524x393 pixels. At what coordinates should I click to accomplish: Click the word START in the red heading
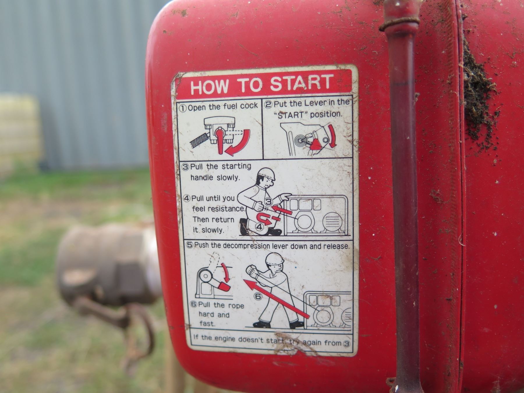coord(301,83)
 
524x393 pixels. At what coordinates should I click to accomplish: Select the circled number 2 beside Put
coord(268,104)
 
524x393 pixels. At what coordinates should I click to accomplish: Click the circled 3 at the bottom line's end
coord(346,344)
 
